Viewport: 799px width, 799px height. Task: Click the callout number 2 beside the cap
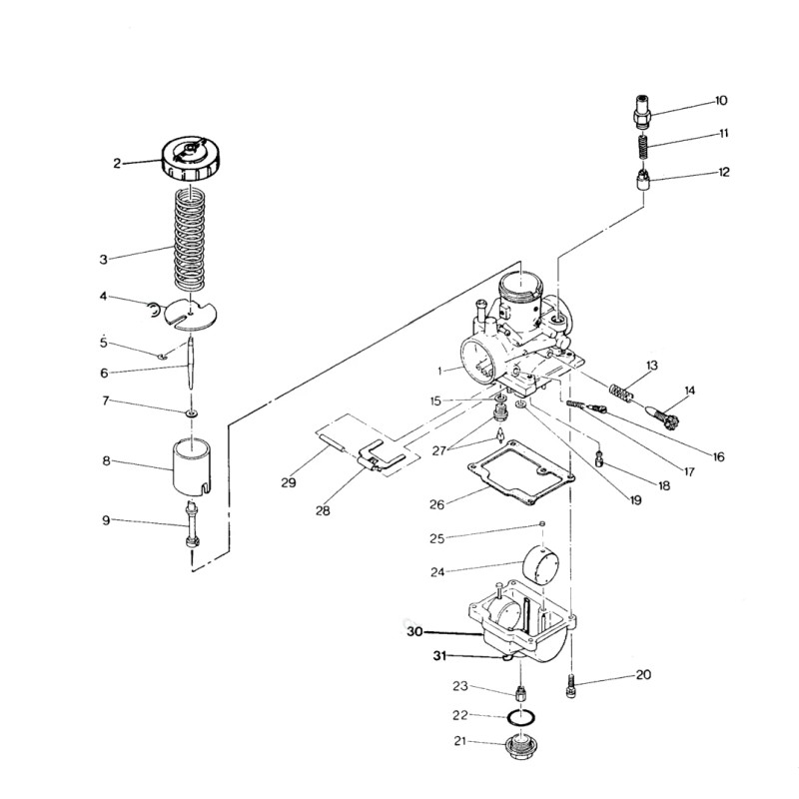tap(117, 164)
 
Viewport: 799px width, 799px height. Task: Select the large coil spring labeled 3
tap(190, 238)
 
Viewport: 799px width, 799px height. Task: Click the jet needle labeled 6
tap(191, 363)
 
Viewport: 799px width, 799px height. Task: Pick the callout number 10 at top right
tap(721, 101)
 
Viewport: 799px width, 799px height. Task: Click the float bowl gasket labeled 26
tap(521, 472)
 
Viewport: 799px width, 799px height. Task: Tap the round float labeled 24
tap(541, 564)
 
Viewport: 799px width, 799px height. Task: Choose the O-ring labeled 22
tap(521, 717)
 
